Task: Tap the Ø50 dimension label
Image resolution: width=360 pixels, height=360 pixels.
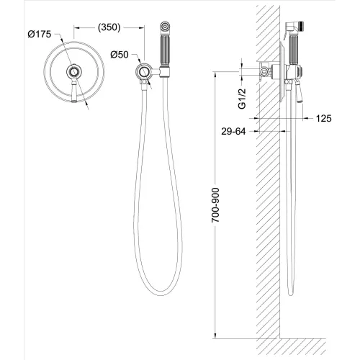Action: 120,53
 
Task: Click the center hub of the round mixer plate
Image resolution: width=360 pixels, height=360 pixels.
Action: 73,72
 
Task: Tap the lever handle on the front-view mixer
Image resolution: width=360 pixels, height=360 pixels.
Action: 74,91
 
